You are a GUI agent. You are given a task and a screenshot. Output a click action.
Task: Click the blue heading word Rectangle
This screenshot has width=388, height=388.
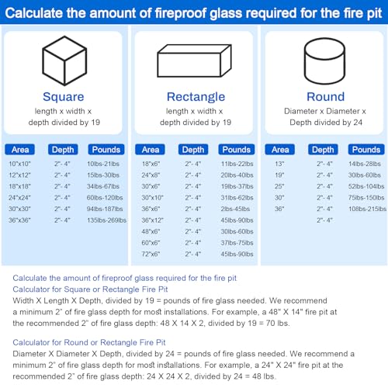(195, 97)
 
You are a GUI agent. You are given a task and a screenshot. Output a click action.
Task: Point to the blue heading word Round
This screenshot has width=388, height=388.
(325, 97)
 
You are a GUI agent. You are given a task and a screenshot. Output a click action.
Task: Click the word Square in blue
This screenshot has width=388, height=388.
(64, 97)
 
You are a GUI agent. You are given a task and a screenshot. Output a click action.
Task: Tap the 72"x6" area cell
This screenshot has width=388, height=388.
(151, 254)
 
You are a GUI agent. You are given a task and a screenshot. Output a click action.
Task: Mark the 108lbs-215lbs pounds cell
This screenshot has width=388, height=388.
(367, 210)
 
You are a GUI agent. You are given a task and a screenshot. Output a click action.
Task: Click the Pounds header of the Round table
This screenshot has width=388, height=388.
(366, 150)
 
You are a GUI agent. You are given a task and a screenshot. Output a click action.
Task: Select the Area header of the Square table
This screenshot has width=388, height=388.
(20, 150)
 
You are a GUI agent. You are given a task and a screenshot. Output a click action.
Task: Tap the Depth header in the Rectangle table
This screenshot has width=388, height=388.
(193, 150)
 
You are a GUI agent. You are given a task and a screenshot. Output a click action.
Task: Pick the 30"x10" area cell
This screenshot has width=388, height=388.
(151, 198)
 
